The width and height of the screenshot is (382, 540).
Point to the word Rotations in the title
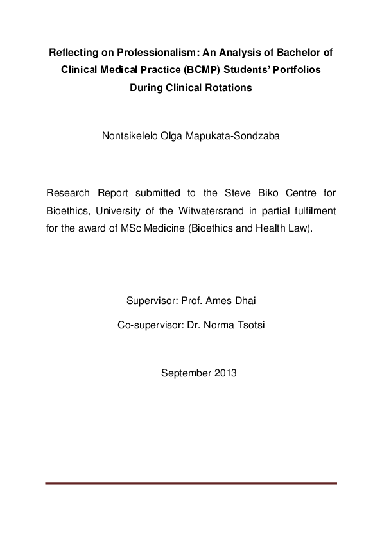pyautogui.click(x=229, y=89)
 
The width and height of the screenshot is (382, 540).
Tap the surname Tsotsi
pyautogui.click(x=247, y=325)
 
